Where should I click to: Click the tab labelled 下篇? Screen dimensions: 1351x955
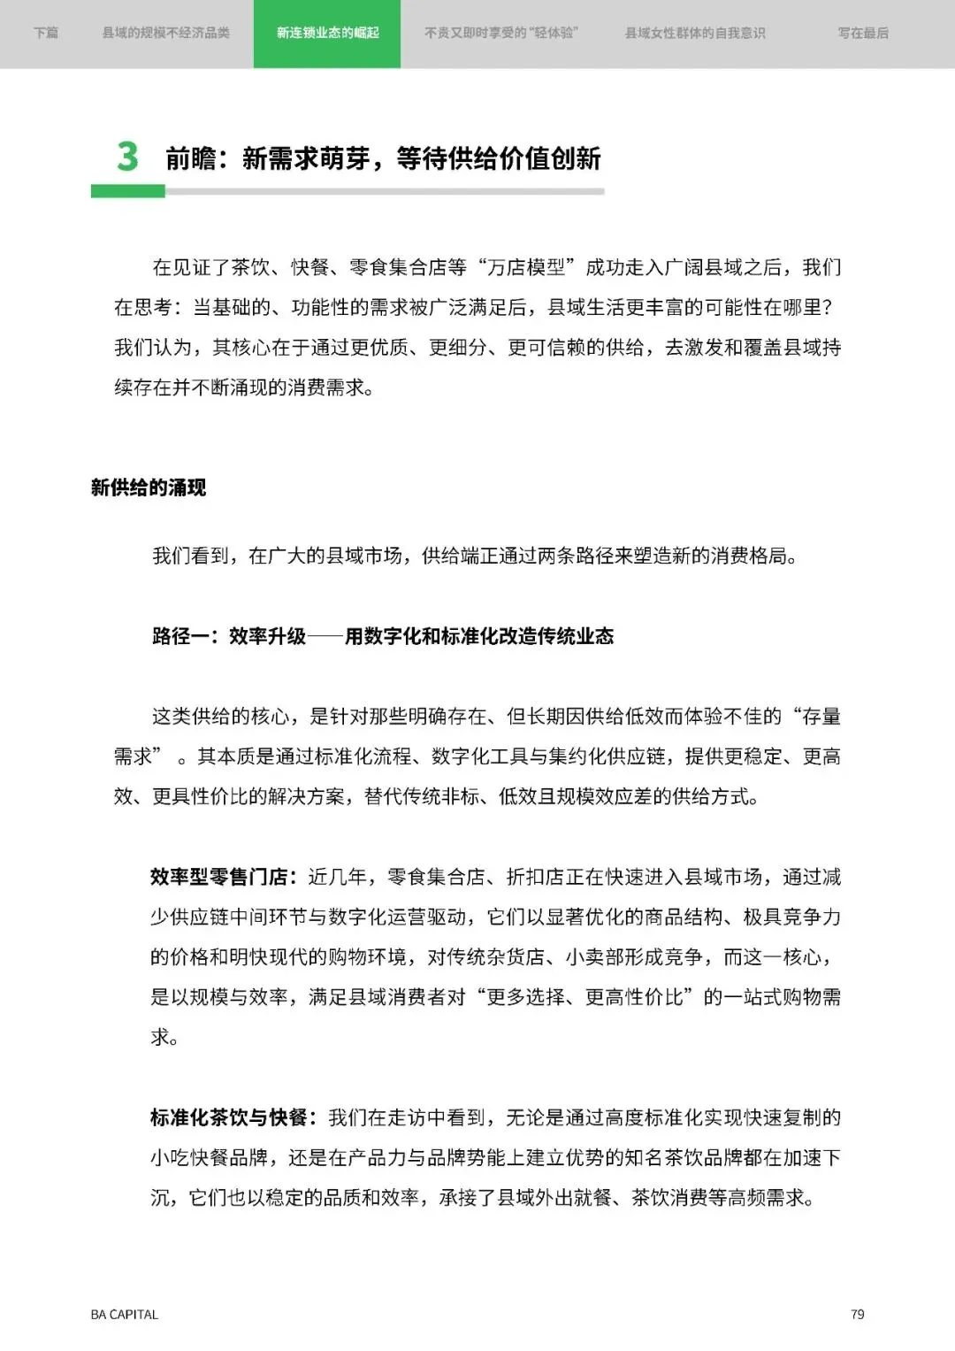(x=46, y=34)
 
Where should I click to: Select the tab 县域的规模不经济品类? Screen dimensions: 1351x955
(x=166, y=34)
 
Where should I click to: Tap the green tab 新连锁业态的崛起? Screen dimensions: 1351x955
(x=327, y=34)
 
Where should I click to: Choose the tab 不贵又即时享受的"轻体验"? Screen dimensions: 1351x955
(x=500, y=34)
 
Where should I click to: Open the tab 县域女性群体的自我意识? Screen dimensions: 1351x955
(x=695, y=34)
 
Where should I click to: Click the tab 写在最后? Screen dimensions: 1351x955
(x=863, y=34)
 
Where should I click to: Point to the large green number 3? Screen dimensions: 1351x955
(x=127, y=157)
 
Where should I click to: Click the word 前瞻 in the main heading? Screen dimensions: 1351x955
(x=191, y=159)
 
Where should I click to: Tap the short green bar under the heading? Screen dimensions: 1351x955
(x=127, y=191)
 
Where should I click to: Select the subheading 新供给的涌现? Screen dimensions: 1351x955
(x=149, y=487)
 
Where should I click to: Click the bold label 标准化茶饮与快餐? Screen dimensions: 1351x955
(x=228, y=1117)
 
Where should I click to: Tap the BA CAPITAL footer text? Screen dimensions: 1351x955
(x=124, y=1315)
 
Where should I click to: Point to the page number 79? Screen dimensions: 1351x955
(x=857, y=1315)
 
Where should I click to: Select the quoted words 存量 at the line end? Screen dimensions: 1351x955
(x=821, y=717)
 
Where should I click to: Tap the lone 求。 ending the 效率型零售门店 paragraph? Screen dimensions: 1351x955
(x=164, y=1037)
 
